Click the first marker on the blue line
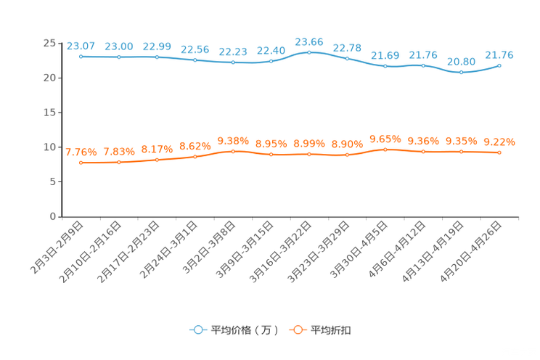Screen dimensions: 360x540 81,56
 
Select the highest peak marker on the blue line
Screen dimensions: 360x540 309,52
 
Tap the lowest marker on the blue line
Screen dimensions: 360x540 461,73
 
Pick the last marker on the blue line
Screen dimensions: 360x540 499,66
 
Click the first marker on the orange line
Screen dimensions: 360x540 81,163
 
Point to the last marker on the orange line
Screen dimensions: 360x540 499,153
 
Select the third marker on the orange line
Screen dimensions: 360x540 157,160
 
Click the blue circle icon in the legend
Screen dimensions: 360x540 197,330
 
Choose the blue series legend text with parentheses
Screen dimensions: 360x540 245,330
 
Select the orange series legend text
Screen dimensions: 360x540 332,330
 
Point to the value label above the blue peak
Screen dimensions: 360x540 309,41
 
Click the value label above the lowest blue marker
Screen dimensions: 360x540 461,62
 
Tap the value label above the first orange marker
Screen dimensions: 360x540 81,152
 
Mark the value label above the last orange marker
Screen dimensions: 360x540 499,142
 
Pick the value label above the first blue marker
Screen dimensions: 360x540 81,45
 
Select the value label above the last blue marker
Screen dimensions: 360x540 499,55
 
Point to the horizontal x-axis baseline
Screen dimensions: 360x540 290,216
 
